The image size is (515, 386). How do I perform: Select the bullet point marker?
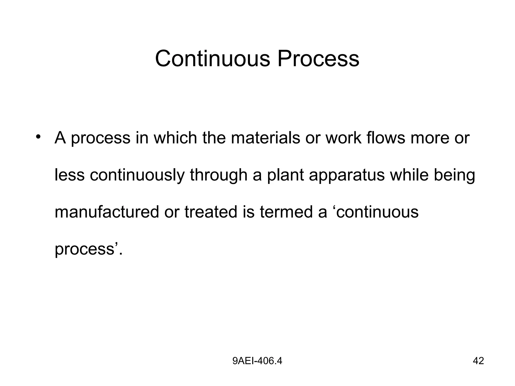[38, 137]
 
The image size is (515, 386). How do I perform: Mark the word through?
[219, 175]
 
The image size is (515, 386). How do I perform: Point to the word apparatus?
[347, 176]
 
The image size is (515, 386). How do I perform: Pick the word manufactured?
[107, 212]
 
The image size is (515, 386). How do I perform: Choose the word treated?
[211, 212]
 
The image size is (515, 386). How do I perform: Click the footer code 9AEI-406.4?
[257, 361]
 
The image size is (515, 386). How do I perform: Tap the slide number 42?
[478, 361]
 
